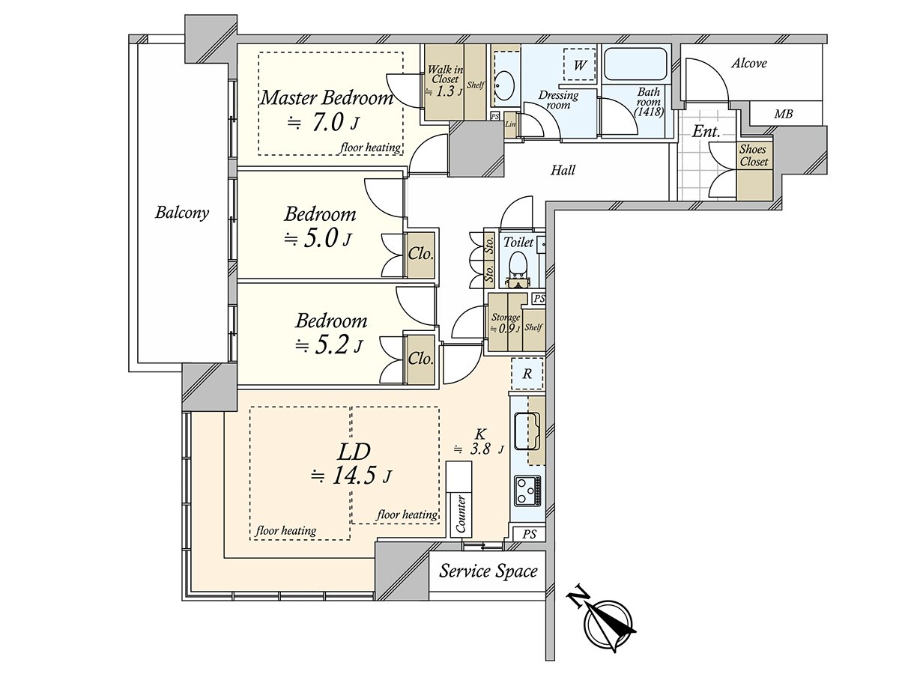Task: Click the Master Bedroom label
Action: [327, 97]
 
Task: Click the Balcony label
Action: [182, 213]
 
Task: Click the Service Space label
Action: [488, 572]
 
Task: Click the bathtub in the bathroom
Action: [636, 65]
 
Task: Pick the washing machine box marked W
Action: [579, 65]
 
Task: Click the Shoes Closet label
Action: [753, 156]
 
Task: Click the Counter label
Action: [461, 514]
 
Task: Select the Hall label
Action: [563, 171]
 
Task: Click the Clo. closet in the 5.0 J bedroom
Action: [421, 254]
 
